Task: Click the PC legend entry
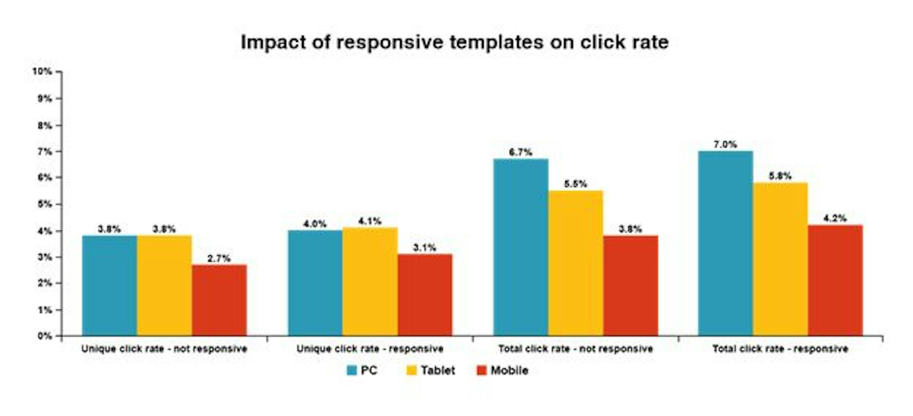tap(361, 371)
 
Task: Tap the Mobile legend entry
tap(503, 371)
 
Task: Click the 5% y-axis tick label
tap(45, 204)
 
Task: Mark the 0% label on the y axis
tap(45, 336)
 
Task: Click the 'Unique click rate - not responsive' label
tap(164, 349)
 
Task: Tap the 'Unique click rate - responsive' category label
tap(370, 349)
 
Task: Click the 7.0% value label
tap(725, 144)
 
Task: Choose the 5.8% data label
tap(780, 176)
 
